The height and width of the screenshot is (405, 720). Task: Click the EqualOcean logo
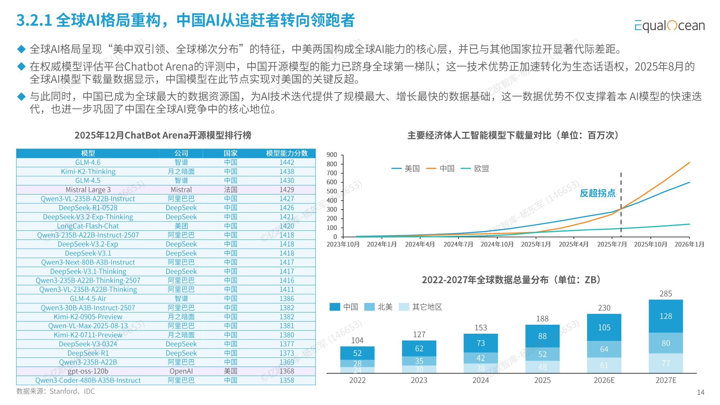[x=669, y=26]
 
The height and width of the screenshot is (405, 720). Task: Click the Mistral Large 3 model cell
[x=88, y=190]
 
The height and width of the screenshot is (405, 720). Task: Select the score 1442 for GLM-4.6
[x=287, y=162]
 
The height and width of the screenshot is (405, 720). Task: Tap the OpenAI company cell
[x=181, y=371]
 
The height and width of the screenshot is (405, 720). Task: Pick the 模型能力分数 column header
[x=287, y=153]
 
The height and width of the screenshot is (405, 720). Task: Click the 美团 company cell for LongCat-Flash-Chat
[x=181, y=226]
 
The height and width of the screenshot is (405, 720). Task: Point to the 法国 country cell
[x=230, y=190]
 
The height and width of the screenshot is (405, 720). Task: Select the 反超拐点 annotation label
[x=597, y=193]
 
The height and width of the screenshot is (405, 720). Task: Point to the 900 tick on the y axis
[x=332, y=155]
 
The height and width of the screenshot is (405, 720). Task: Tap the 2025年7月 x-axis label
[x=612, y=244]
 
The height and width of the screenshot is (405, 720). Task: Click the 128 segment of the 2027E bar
[x=666, y=316]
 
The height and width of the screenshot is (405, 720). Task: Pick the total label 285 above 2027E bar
[x=666, y=294]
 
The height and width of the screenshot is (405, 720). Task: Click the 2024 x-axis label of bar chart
[x=481, y=381]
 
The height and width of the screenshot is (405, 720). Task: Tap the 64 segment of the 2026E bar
[x=604, y=349]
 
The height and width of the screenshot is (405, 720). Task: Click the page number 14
[x=700, y=392]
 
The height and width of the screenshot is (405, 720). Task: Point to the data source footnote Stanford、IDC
[x=55, y=391]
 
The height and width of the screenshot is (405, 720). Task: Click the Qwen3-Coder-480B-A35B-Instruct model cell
[x=88, y=381]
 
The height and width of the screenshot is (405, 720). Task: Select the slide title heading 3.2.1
[x=185, y=20]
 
